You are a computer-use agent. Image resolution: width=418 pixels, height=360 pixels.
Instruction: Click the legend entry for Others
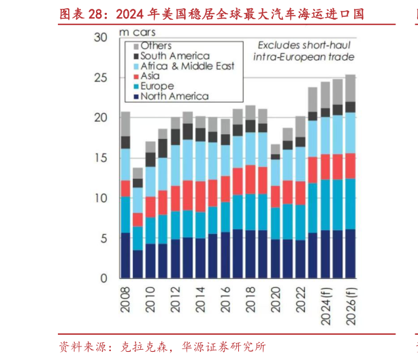point(155,46)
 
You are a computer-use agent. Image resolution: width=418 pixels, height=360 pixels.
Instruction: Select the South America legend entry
point(174,56)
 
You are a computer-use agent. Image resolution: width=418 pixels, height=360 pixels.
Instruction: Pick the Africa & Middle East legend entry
point(187,66)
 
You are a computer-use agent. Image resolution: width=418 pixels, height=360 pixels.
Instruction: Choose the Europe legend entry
point(157,86)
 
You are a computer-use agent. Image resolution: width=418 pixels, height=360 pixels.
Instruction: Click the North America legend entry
point(174,97)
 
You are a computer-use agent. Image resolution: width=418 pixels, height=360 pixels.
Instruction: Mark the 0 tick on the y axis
point(104,278)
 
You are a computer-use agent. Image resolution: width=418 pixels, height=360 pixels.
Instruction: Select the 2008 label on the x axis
point(125,299)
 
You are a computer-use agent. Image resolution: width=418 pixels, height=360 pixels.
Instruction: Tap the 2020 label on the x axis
point(275,299)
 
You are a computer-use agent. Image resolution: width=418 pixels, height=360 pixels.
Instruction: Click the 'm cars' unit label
point(137,32)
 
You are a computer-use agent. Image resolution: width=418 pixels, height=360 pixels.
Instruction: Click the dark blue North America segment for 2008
point(125,255)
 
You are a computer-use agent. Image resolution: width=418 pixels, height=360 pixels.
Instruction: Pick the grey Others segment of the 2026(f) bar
point(351,88)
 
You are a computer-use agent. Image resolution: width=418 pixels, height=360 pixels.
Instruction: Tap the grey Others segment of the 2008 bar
point(125,124)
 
